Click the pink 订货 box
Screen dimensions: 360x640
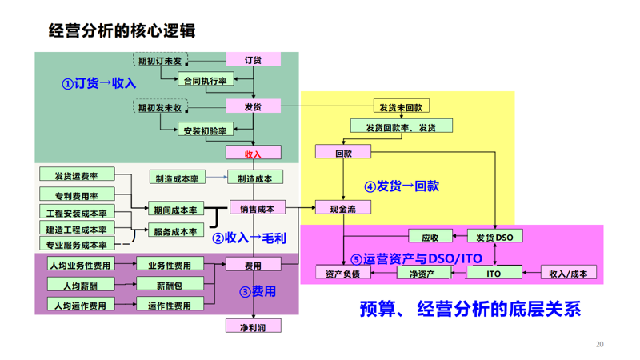tap(253, 60)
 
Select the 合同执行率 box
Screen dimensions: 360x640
tap(206, 80)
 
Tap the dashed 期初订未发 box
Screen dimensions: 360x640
tap(160, 61)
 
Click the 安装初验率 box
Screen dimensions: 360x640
tap(206, 130)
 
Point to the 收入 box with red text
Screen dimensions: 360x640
tap(253, 154)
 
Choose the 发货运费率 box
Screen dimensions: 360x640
tap(77, 175)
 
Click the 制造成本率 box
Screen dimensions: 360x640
tap(177, 178)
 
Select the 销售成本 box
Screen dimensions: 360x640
tap(257, 208)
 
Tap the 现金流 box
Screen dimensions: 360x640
tap(343, 208)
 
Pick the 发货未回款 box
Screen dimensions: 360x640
tap(400, 106)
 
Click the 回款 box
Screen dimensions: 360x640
tap(343, 152)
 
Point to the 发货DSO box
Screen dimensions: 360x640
tap(494, 237)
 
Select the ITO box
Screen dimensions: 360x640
tap(494, 273)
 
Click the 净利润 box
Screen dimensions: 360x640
tap(253, 326)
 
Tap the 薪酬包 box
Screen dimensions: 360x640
tap(170, 285)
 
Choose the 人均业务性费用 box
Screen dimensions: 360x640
tap(80, 265)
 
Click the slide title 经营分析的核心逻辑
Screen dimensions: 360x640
tap(122, 30)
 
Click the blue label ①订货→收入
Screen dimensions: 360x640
tap(99, 83)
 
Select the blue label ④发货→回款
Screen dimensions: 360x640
tap(402, 186)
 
